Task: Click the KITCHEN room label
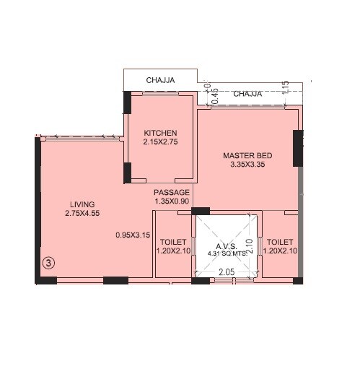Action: coord(160,133)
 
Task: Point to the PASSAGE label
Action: coord(172,192)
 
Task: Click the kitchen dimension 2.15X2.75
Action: coord(160,143)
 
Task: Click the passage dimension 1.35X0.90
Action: coord(172,202)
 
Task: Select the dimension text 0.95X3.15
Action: coord(133,235)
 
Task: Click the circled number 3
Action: coord(48,263)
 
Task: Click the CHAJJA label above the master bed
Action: coord(247,94)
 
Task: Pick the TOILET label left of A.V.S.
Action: coord(172,242)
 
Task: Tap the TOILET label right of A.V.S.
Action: coord(280,242)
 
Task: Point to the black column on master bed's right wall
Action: coord(297,148)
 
